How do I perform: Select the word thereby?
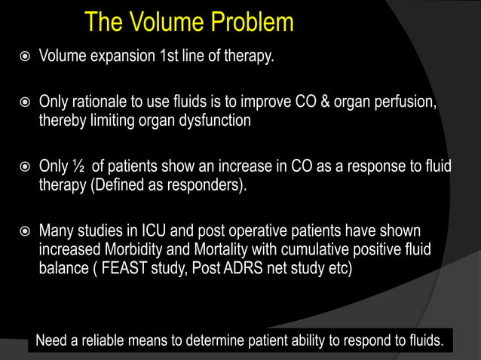[x=63, y=121]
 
